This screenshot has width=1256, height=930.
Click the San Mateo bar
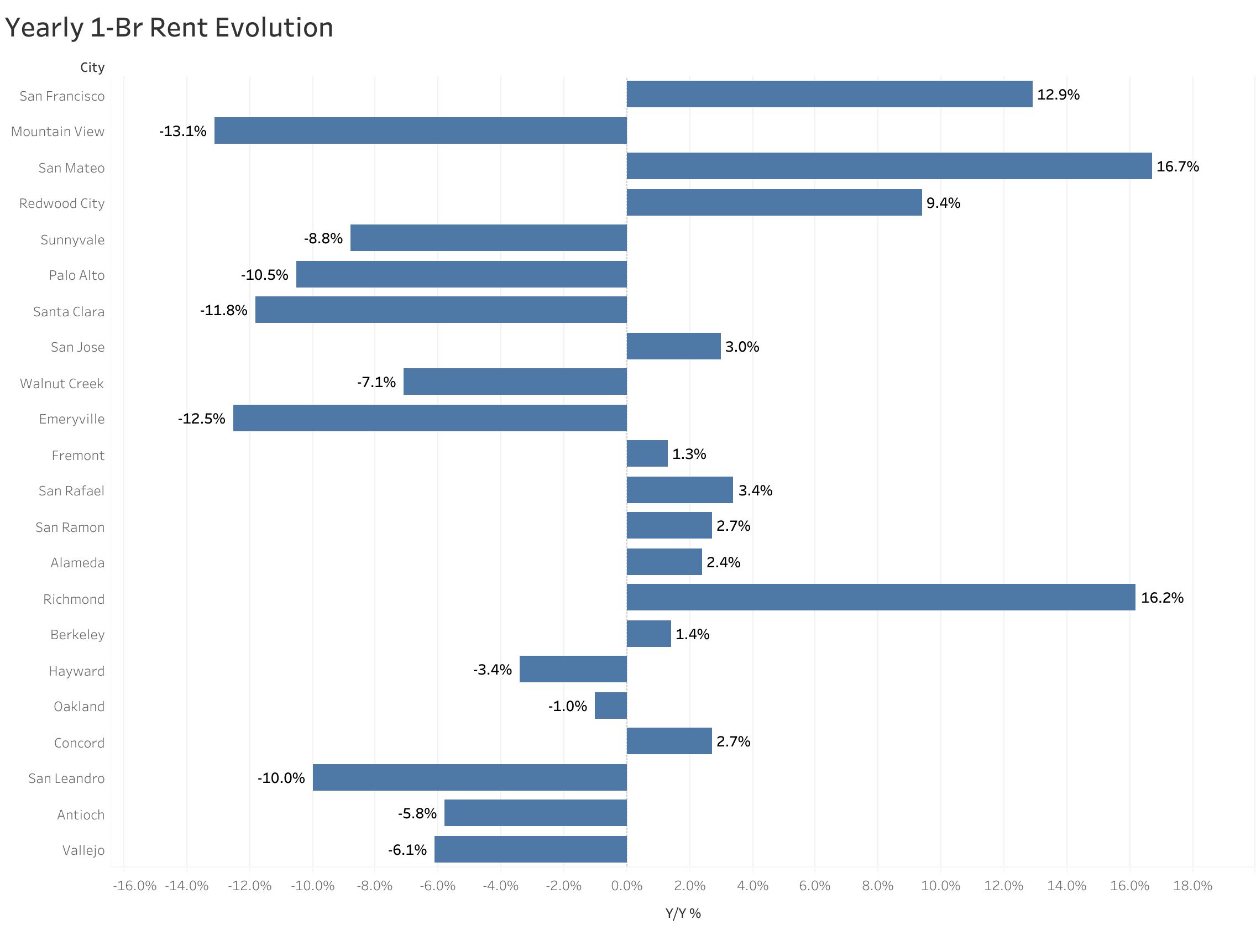pyautogui.click(x=889, y=166)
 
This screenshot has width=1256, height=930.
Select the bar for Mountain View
pyautogui.click(x=420, y=130)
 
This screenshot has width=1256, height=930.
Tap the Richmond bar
pyautogui.click(x=881, y=597)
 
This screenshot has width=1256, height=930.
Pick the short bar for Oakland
pyautogui.click(x=610, y=706)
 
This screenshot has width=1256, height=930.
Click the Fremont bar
pyautogui.click(x=647, y=454)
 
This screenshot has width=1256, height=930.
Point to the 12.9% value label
pyautogui.click(x=1058, y=95)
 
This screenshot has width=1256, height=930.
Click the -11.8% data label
pyautogui.click(x=223, y=310)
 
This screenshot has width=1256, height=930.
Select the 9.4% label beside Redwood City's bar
pyautogui.click(x=943, y=203)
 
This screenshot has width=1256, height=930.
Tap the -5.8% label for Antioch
pyautogui.click(x=417, y=813)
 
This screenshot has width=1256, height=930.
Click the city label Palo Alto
pyautogui.click(x=76, y=275)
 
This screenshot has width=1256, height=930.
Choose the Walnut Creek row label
pyautogui.click(x=62, y=383)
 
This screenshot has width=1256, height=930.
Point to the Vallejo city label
pyautogui.click(x=83, y=850)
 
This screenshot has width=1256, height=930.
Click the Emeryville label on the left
pyautogui.click(x=71, y=419)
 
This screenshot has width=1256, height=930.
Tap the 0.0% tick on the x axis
pyautogui.click(x=626, y=886)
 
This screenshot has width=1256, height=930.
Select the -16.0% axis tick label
pyautogui.click(x=134, y=886)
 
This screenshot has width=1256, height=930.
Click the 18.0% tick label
pyautogui.click(x=1192, y=886)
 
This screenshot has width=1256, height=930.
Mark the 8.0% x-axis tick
pyautogui.click(x=877, y=886)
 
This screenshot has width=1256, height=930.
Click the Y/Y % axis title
pyautogui.click(x=683, y=913)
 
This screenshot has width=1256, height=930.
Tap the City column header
pyautogui.click(x=92, y=67)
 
